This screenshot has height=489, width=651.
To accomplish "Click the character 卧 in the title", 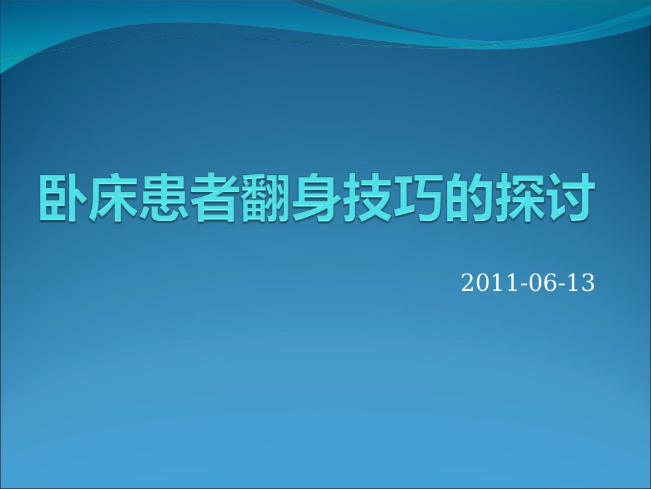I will pos(62,199).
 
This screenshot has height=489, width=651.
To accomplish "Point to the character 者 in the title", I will pos(213,199).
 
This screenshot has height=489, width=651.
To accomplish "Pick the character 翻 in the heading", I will pos(263,199).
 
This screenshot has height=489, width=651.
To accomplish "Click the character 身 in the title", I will pos(314,199).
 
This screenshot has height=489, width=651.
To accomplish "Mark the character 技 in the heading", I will pos(364,199).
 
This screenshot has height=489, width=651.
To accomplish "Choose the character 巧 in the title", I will pos(415,199).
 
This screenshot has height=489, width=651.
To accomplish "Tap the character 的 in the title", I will pos(465,199).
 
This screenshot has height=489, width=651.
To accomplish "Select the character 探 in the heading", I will pos(515,199).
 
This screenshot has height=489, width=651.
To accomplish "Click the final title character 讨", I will pos(566,199).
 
